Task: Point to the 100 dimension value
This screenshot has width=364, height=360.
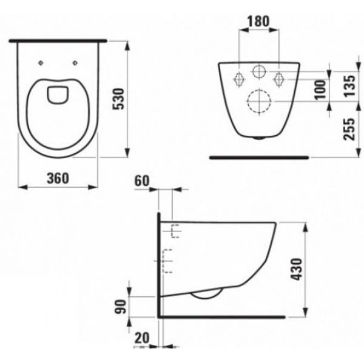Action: click(x=321, y=90)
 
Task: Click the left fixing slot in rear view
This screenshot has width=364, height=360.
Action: click(x=239, y=79)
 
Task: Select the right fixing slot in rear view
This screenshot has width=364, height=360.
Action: click(x=279, y=79)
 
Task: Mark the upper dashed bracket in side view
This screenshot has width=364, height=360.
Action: click(x=175, y=232)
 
